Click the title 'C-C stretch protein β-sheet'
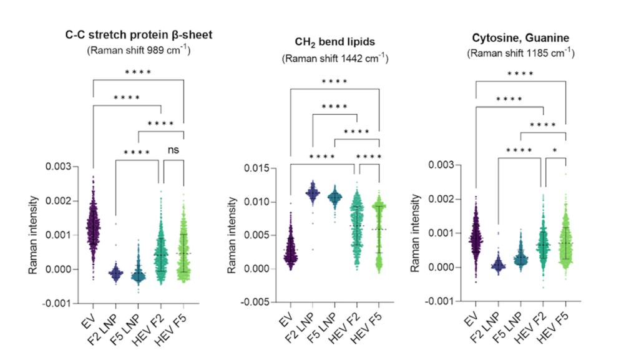(x=138, y=35)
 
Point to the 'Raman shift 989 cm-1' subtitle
(x=138, y=50)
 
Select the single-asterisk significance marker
(x=555, y=150)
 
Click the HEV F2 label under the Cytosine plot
(x=536, y=325)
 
